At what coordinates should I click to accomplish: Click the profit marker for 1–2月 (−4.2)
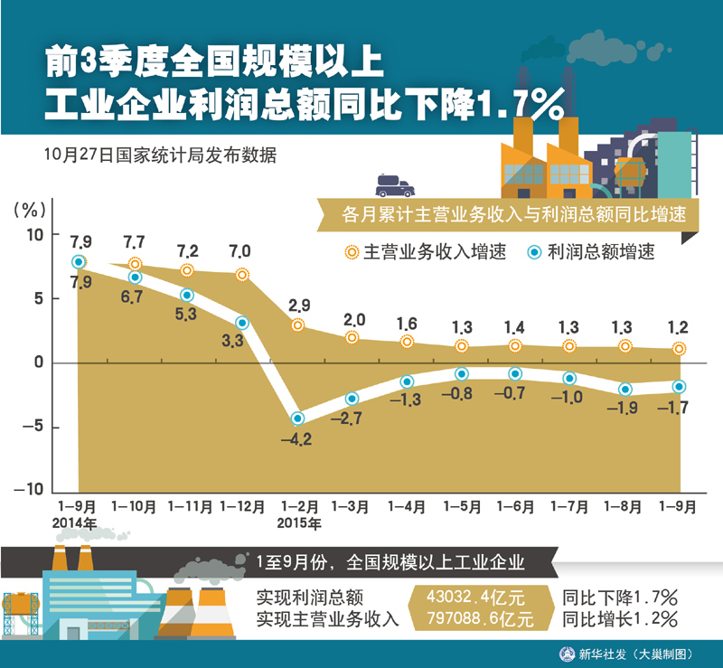click(x=297, y=419)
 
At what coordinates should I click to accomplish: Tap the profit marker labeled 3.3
click(x=242, y=323)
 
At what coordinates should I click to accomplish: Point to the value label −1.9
click(x=624, y=409)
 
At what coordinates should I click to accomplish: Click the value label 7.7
click(x=134, y=242)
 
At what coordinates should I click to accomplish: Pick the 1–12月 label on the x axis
click(x=242, y=508)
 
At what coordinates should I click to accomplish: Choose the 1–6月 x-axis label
click(x=515, y=508)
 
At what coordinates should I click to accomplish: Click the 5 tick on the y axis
click(x=37, y=298)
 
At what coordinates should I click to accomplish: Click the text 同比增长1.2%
click(x=619, y=619)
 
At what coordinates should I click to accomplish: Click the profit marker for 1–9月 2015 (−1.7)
click(x=679, y=387)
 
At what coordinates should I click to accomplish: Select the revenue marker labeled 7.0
click(x=242, y=275)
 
